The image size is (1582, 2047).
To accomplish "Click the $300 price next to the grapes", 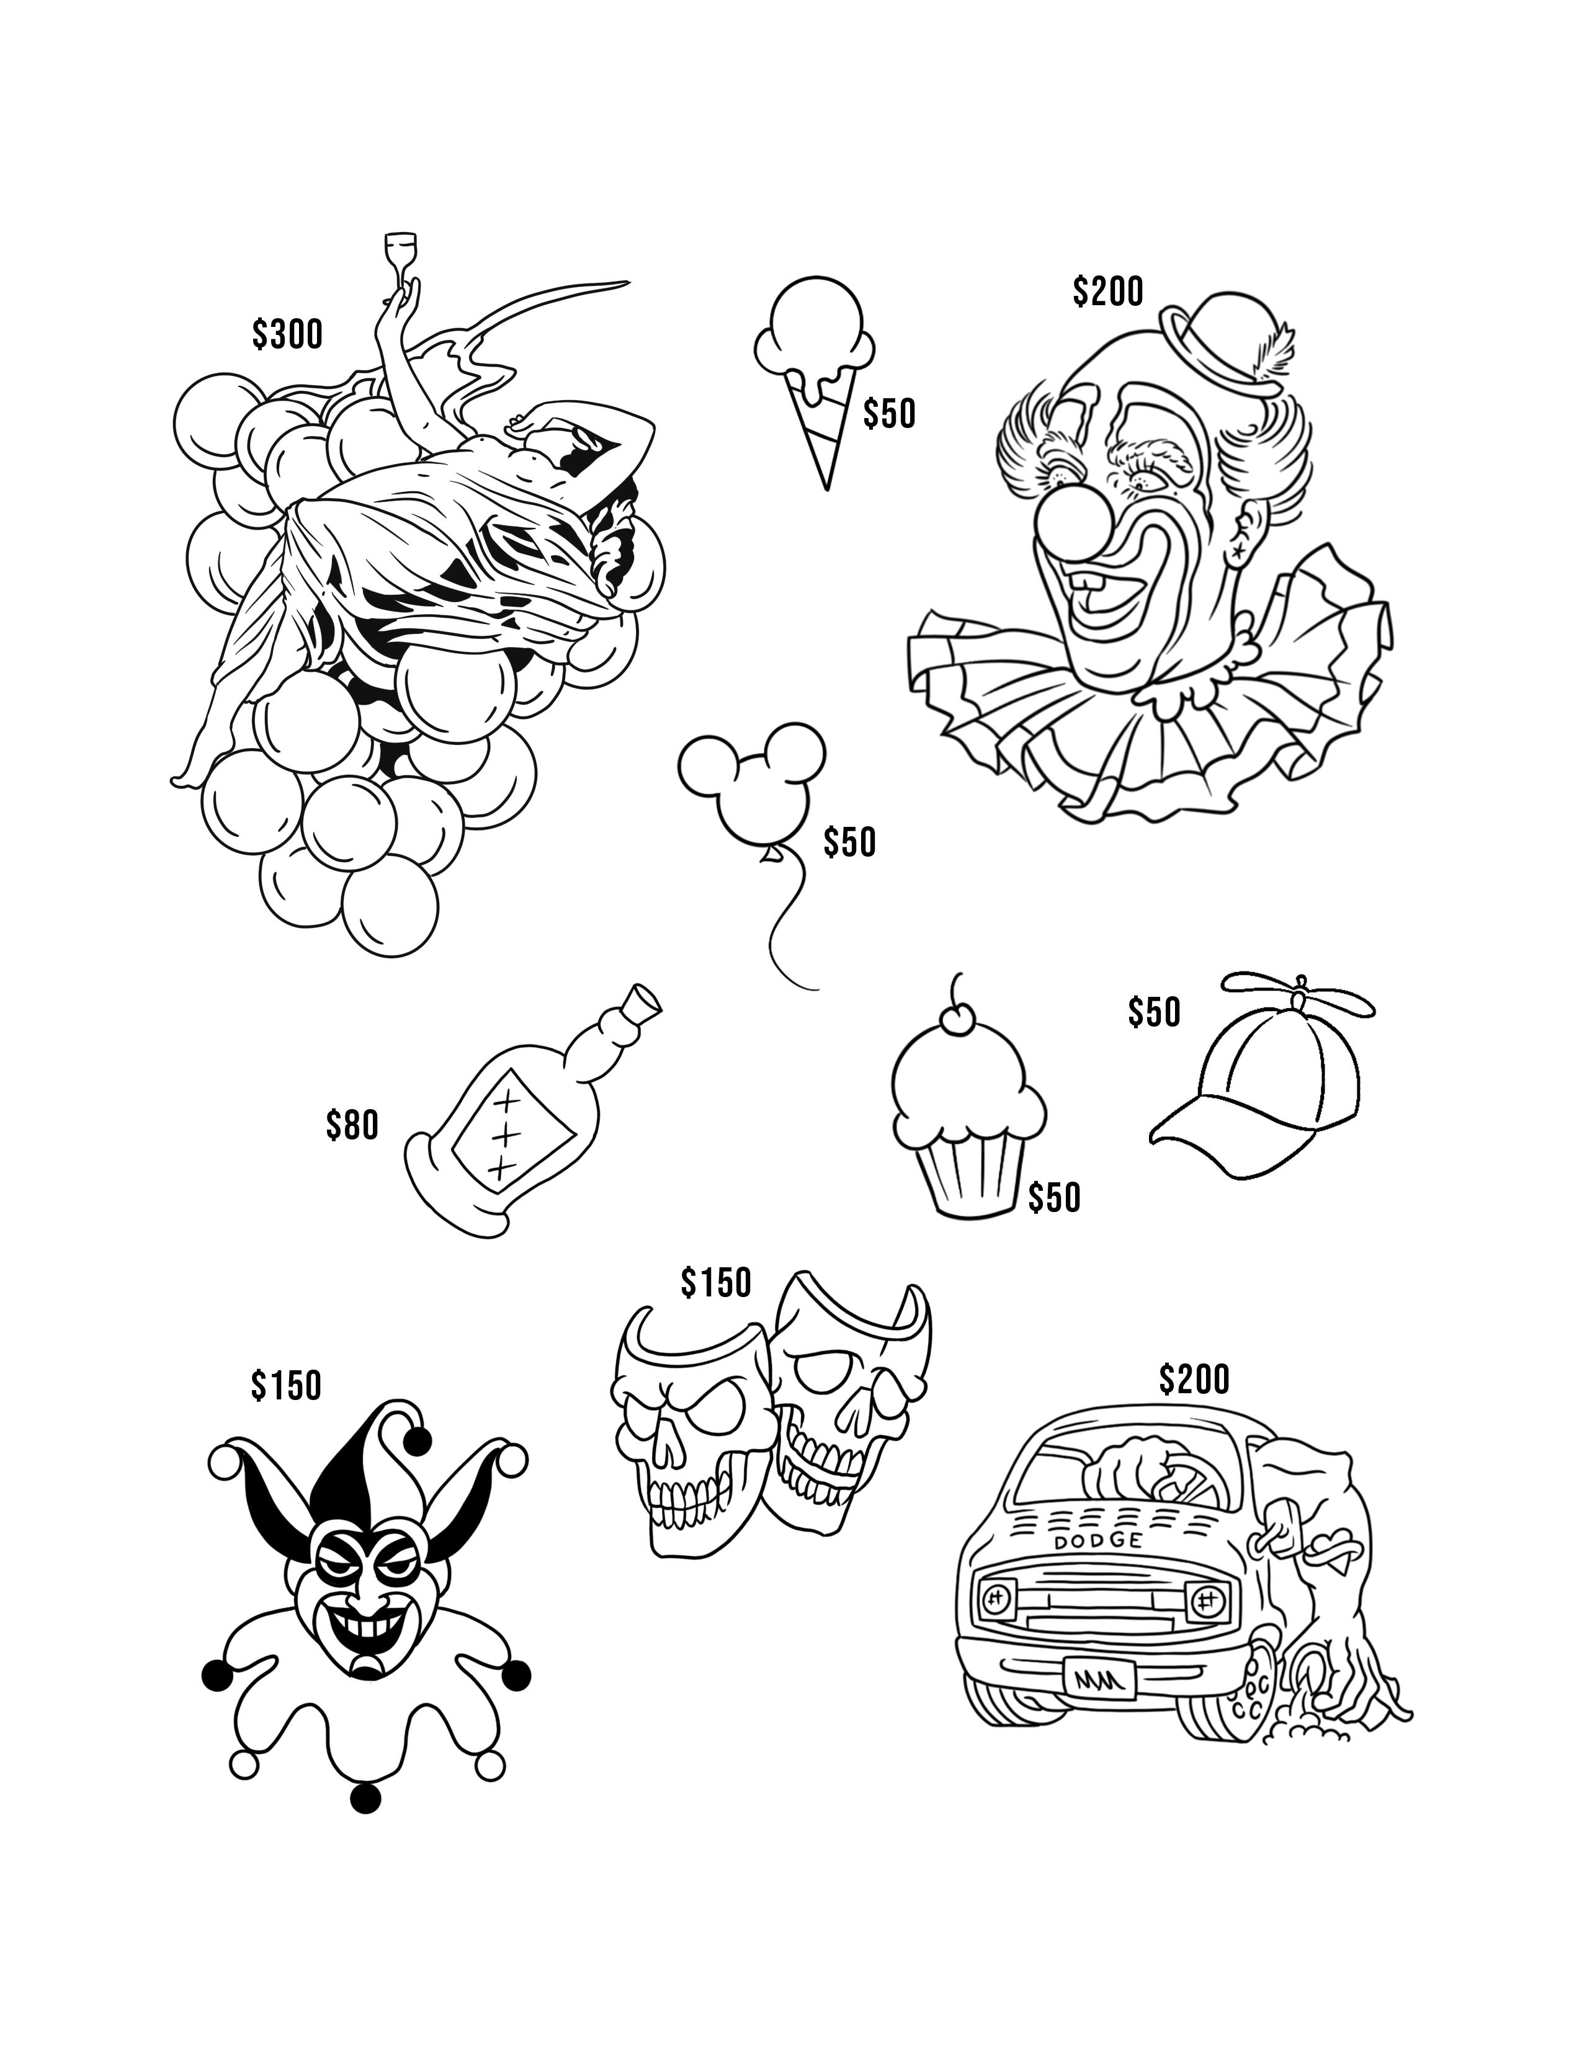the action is pos(287,334).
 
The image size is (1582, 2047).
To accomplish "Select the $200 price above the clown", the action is pos(1108,292).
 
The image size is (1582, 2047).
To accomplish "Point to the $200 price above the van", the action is pos(1194,1379).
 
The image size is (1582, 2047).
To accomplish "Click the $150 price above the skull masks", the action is pos(716,1282).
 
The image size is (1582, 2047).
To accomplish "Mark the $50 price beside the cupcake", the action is pos(1054,1197).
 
